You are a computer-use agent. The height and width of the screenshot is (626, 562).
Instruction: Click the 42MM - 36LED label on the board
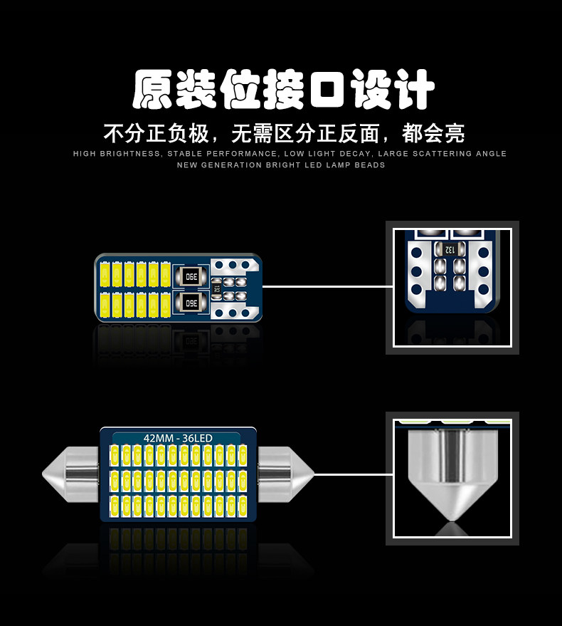[178, 437]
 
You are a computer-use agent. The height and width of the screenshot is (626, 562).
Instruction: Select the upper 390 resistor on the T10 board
[190, 276]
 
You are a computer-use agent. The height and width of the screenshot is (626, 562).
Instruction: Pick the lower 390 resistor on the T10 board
[190, 303]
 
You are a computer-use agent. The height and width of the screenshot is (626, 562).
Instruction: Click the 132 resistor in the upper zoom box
[450, 249]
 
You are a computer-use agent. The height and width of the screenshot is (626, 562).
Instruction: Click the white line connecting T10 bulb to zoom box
[327, 286]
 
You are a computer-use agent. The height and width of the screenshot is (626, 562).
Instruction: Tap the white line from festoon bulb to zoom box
[354, 474]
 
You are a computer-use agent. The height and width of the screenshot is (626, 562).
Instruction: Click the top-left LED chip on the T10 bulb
[104, 273]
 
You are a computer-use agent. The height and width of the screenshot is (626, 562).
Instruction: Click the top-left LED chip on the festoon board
[114, 454]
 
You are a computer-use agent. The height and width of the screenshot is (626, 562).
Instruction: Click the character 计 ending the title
[413, 90]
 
